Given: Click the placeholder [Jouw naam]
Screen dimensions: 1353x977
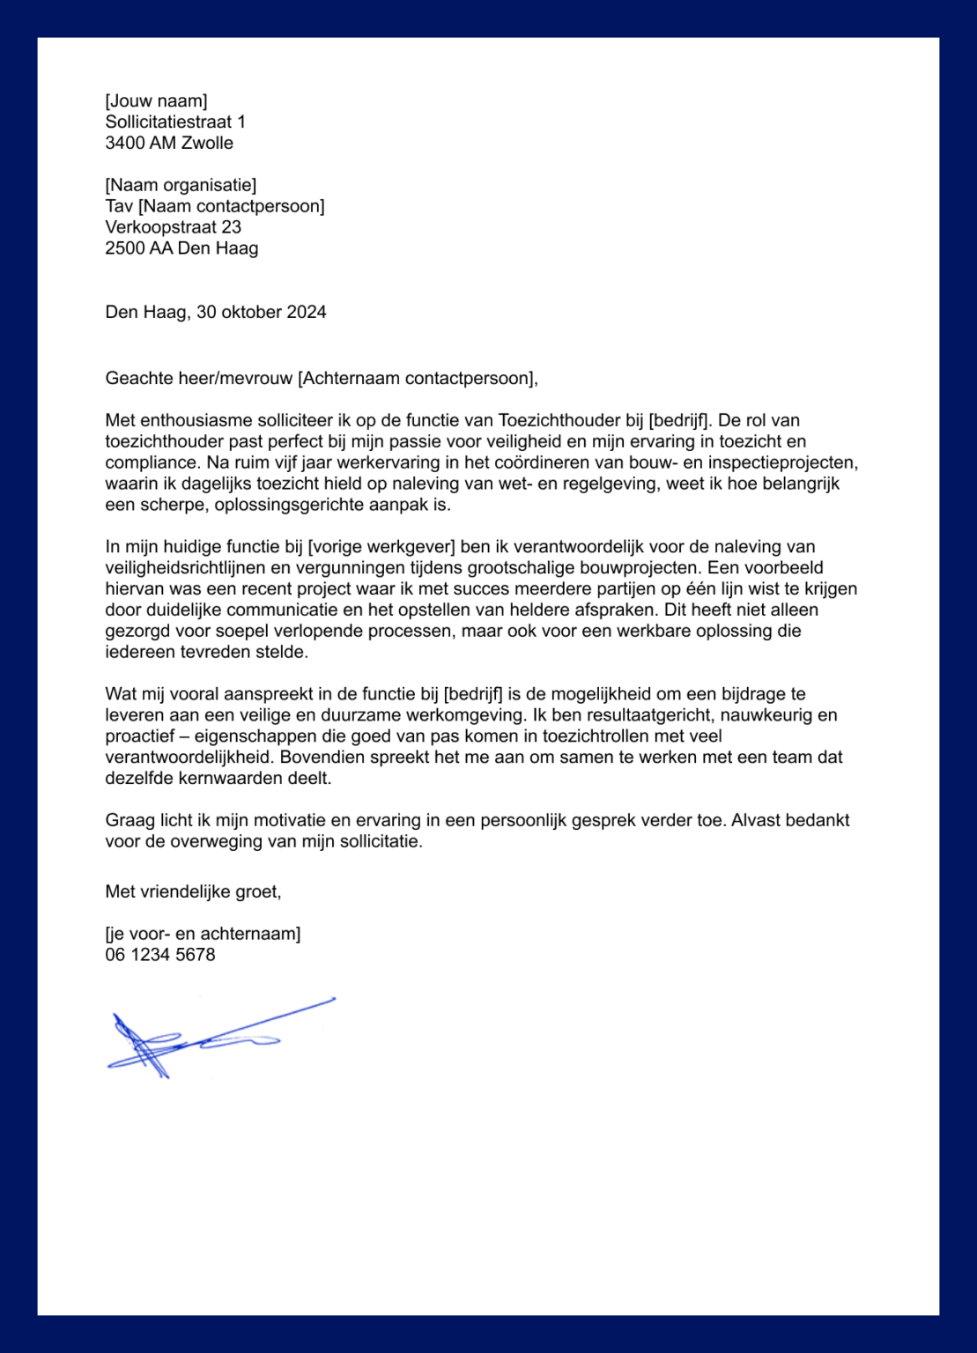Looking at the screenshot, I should click(156, 100).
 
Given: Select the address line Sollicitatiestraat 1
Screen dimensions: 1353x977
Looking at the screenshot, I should click(175, 122).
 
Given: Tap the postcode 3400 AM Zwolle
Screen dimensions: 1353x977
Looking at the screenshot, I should click(169, 143).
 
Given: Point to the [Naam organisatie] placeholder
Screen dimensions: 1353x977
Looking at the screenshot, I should click(181, 185).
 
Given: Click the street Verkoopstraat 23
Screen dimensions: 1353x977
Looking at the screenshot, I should click(173, 227).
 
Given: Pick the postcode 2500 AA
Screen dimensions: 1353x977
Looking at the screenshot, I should click(139, 248).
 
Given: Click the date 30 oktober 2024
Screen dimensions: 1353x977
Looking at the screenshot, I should click(262, 312).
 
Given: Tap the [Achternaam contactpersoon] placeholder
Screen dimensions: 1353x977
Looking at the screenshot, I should click(416, 379).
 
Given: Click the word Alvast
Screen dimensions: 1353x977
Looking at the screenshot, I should click(757, 820).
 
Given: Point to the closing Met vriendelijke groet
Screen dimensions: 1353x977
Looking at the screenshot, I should click(193, 891).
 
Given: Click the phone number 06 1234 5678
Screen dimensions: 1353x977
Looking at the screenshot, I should click(160, 955).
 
